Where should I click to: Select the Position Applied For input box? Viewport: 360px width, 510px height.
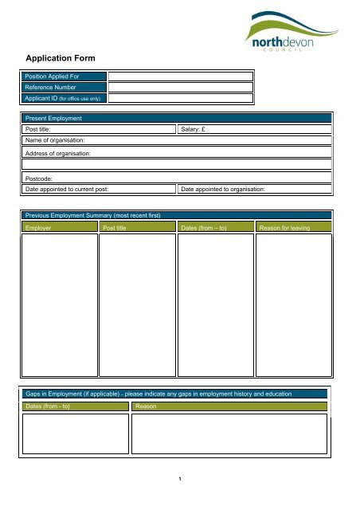(181, 76)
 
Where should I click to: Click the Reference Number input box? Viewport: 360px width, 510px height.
(181, 88)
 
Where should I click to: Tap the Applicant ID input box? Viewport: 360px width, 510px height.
(181, 99)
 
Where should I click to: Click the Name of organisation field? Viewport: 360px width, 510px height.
(176, 139)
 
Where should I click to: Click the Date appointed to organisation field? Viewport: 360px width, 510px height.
(254, 190)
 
